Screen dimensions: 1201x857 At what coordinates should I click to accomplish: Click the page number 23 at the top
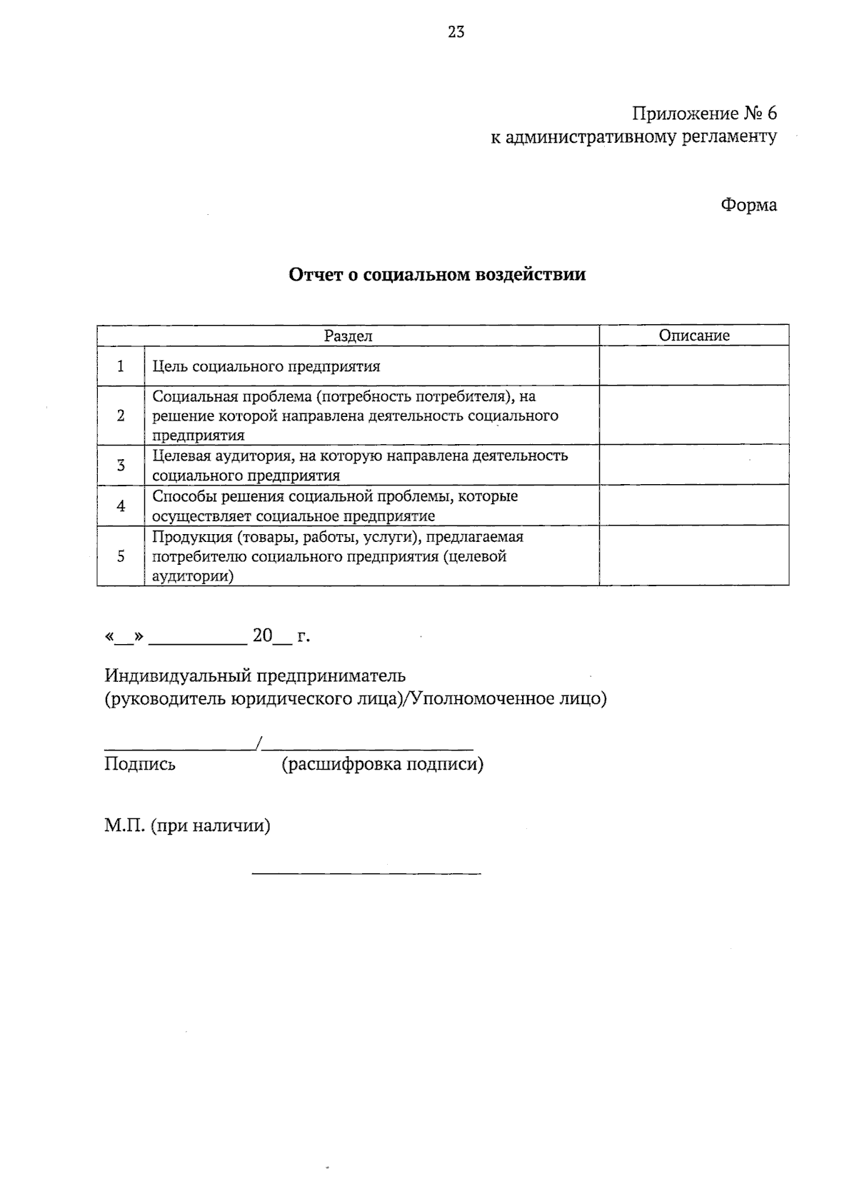click(456, 31)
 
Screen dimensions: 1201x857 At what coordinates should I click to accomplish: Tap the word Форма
click(748, 205)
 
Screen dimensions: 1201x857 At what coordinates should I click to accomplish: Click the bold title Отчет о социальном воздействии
click(437, 275)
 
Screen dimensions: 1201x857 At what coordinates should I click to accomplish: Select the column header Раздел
click(348, 336)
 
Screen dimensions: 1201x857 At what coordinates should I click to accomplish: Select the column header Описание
click(694, 336)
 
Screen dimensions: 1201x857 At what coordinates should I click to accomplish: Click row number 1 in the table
click(120, 366)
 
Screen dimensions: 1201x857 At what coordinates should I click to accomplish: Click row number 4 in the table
click(120, 506)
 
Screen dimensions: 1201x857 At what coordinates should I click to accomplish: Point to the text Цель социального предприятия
click(266, 367)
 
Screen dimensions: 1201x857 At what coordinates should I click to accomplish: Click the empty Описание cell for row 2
click(694, 415)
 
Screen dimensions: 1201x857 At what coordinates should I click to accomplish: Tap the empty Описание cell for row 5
click(694, 556)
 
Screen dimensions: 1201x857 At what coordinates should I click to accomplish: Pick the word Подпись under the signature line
click(140, 765)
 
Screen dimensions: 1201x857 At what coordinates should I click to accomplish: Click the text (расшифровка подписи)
click(382, 765)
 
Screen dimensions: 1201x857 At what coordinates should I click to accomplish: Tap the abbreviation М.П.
click(125, 826)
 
